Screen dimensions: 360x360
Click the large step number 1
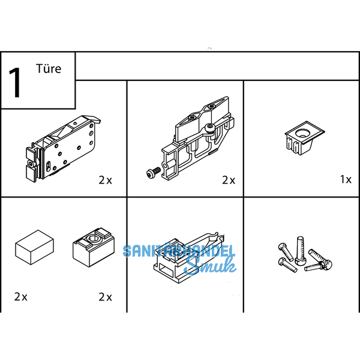[x=15, y=82]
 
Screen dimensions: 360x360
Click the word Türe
[x=49, y=68]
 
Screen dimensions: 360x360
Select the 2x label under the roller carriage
[x=106, y=180]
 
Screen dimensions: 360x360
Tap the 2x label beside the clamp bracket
[x=229, y=180]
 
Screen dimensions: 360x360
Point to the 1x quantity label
[x=346, y=179]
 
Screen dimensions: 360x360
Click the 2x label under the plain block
[x=20, y=296]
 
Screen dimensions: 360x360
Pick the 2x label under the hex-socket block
[x=106, y=297]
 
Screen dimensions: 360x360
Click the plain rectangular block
[x=34, y=247]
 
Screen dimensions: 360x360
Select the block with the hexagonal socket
[x=94, y=247]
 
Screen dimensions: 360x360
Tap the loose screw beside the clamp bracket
[x=154, y=172]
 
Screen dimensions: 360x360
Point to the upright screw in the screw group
[x=299, y=251]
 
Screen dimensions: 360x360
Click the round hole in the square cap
[x=303, y=133]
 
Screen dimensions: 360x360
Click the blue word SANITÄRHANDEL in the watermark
[x=179, y=251]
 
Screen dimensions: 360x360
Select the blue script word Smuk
[x=210, y=266]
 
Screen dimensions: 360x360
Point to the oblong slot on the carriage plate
[x=48, y=166]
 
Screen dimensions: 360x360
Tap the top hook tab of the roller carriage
[x=92, y=118]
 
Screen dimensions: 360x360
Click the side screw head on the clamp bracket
[x=210, y=127]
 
